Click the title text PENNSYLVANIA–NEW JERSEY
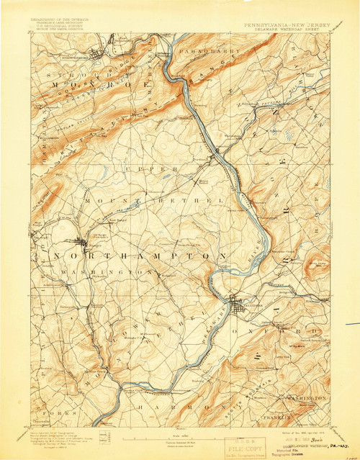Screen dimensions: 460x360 pos(286,24)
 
